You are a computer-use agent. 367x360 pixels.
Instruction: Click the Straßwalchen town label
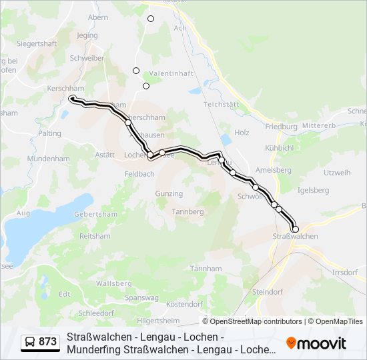click(295, 237)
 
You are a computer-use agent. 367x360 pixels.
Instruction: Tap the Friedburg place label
click(281, 126)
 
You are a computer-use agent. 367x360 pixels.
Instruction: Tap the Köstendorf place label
click(183, 304)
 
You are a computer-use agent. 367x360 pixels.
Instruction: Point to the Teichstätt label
click(221, 105)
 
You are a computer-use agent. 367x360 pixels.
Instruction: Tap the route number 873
click(47, 342)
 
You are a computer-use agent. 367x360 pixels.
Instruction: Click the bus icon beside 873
click(29, 342)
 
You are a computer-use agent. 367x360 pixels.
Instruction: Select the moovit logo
click(316, 343)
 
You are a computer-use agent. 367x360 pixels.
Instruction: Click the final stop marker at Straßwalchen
click(295, 229)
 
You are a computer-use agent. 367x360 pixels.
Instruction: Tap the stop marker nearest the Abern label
click(151, 19)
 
